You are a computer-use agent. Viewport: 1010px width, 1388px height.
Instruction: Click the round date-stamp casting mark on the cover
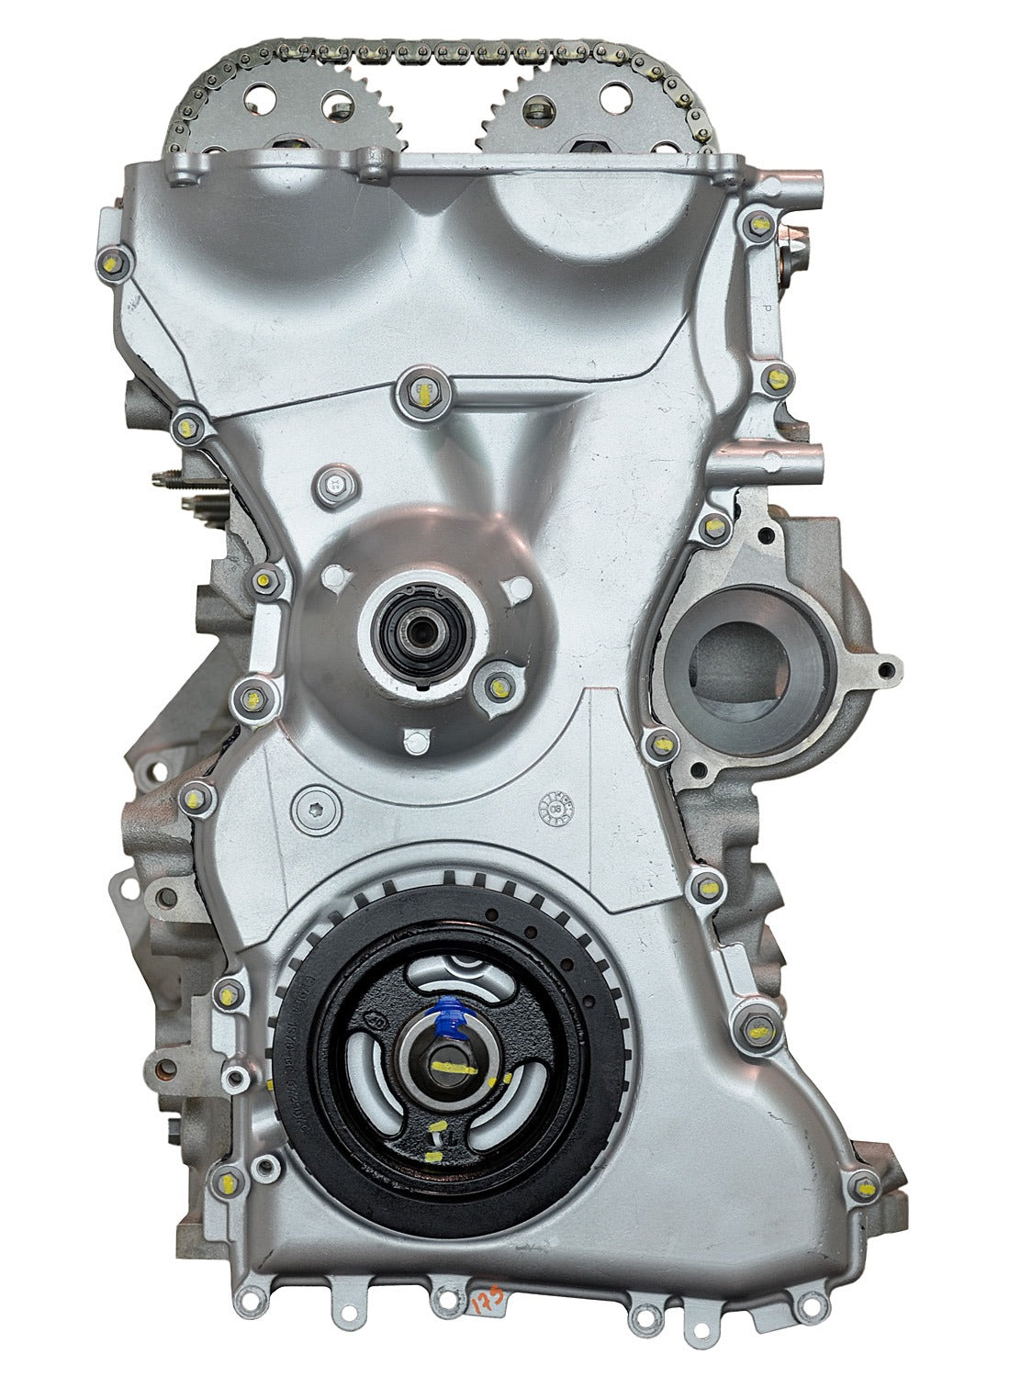pyautogui.click(x=554, y=807)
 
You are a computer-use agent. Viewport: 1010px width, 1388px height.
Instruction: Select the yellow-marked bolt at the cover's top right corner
pyautogui.click(x=758, y=224)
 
